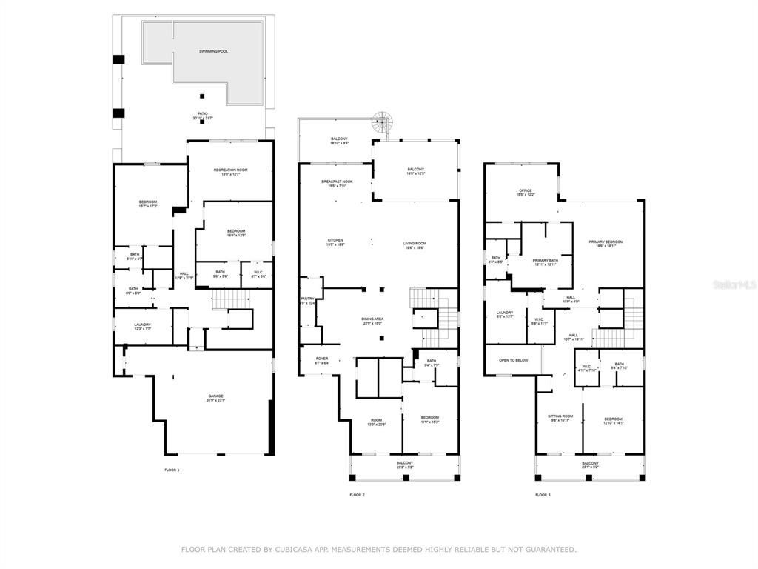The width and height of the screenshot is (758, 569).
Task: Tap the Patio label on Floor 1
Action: (202, 114)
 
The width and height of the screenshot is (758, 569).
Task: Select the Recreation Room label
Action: (230, 170)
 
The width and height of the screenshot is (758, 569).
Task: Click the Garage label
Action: (215, 396)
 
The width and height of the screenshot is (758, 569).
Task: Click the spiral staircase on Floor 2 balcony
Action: (381, 122)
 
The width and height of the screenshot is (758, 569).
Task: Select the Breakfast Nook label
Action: (337, 182)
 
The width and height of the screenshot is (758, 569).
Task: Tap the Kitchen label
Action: (335, 240)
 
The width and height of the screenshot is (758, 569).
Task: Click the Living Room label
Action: (415, 243)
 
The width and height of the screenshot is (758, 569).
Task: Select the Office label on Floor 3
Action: (525, 191)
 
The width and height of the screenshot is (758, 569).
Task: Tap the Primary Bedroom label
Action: (606, 242)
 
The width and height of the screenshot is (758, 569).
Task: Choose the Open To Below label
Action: (513, 360)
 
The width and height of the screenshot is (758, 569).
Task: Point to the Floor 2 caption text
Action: (358, 494)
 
